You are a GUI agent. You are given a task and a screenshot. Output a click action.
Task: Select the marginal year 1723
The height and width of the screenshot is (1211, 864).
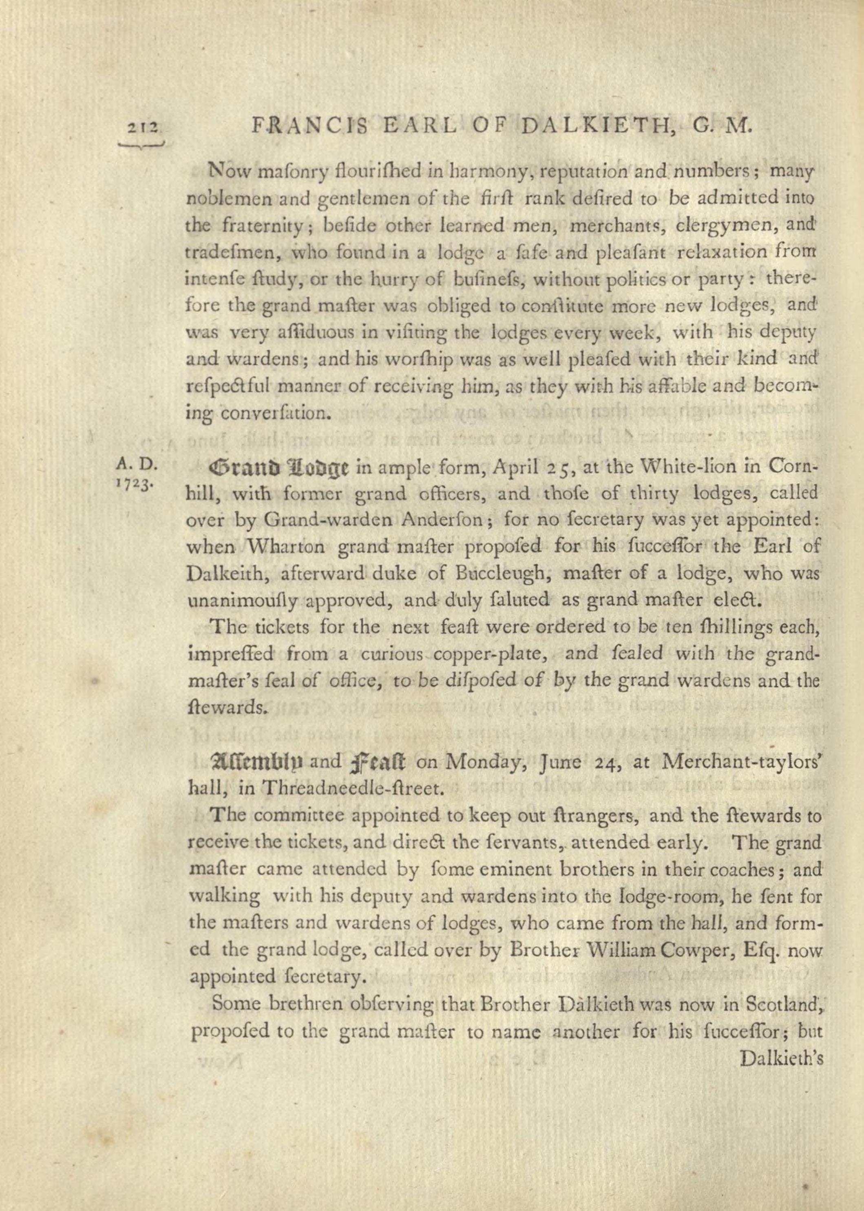pyautogui.click(x=135, y=487)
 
